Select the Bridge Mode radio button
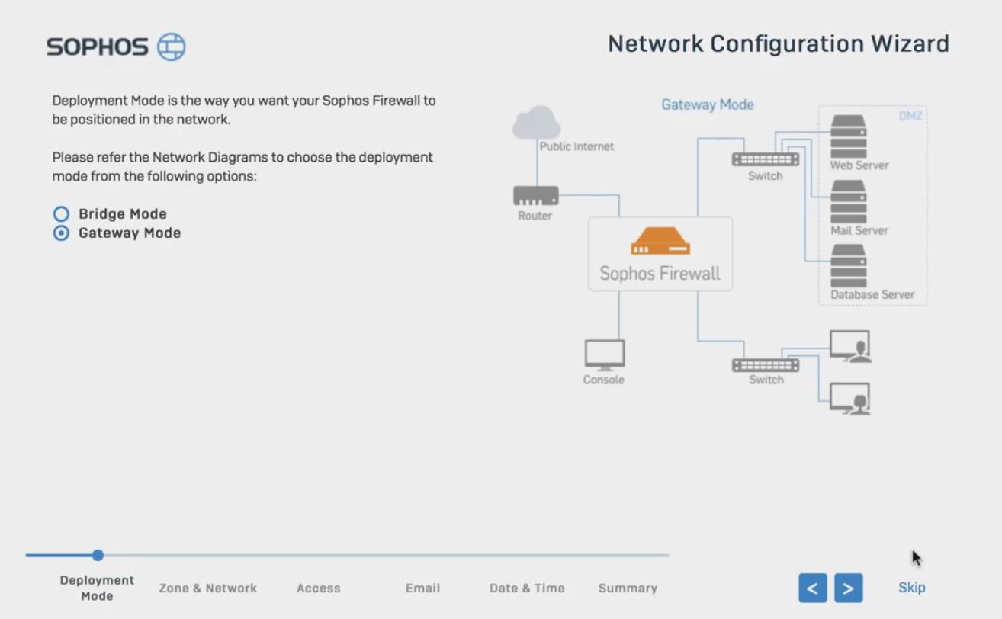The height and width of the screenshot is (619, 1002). pos(61,214)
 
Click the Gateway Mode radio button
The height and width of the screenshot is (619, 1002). pos(61,233)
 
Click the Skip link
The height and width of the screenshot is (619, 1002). pos(911,588)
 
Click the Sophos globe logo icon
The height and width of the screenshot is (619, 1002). pos(172,47)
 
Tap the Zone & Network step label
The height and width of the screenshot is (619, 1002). pos(207,589)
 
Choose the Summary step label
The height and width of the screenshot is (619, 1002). pos(628,589)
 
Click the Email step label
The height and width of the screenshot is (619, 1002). pos(422,589)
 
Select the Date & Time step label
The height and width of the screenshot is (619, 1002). pos(527,589)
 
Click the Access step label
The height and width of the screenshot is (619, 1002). pos(318,589)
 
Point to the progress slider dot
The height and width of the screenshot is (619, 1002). pos(98,556)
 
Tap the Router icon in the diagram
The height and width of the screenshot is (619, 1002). pos(535,196)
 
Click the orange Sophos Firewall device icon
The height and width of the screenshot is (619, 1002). pos(660,242)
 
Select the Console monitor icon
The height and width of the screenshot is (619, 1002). pos(604,354)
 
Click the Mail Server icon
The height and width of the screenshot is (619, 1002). pos(848,201)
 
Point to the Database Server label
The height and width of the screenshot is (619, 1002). pos(872,295)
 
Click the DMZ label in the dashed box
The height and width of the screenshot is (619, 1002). pos(910,117)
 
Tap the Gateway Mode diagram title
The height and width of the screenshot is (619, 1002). pos(707,105)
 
